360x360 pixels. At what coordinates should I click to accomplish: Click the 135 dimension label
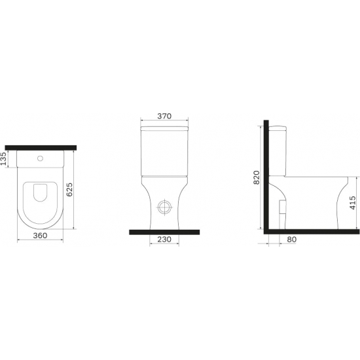click(x=4, y=158)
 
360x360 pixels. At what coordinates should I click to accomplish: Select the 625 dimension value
click(x=69, y=190)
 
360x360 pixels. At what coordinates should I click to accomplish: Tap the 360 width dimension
click(x=40, y=236)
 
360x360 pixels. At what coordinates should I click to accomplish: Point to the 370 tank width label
click(x=164, y=116)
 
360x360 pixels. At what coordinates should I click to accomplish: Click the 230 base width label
click(x=164, y=239)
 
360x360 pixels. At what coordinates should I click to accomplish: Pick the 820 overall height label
click(x=256, y=177)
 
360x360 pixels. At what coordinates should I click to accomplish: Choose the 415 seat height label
click(x=353, y=202)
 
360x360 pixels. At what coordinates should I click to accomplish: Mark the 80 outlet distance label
click(x=291, y=239)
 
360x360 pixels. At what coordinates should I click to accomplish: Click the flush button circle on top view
click(x=40, y=158)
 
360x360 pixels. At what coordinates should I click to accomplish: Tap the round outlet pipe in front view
click(x=164, y=207)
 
